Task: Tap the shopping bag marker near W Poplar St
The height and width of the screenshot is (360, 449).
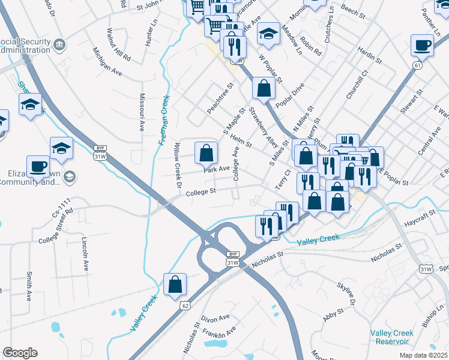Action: click(264, 89)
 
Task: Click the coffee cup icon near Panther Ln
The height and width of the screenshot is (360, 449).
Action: click(422, 45)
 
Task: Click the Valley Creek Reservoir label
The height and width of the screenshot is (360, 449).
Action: click(391, 337)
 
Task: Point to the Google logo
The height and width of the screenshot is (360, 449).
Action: click(20, 353)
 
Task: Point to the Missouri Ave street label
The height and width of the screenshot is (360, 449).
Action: click(142, 112)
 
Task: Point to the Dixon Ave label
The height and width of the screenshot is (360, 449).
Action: click(215, 317)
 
